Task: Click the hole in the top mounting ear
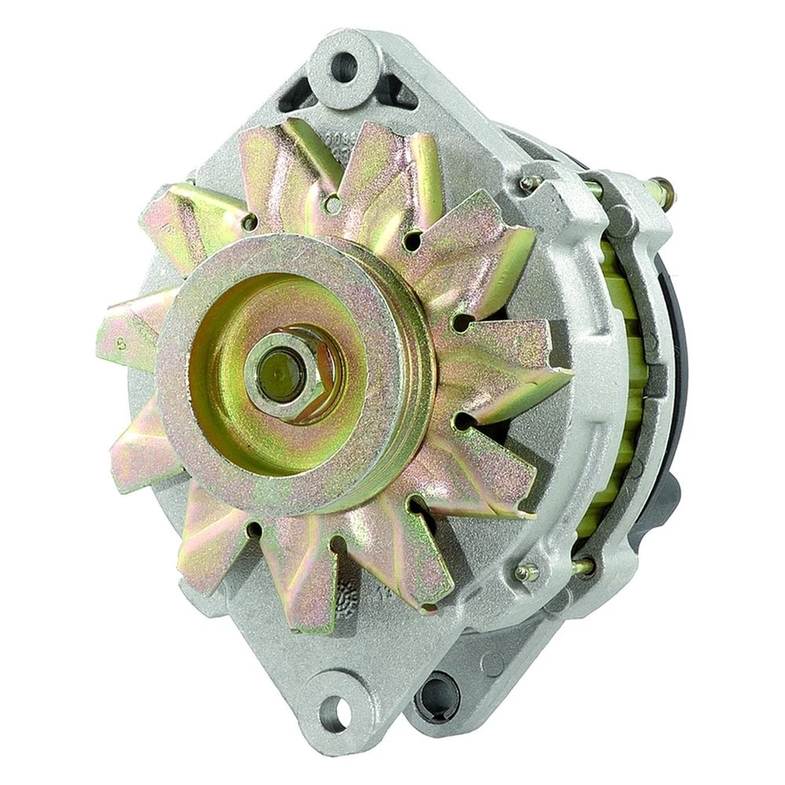click(x=345, y=66)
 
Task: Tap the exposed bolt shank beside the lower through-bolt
click(x=582, y=565)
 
